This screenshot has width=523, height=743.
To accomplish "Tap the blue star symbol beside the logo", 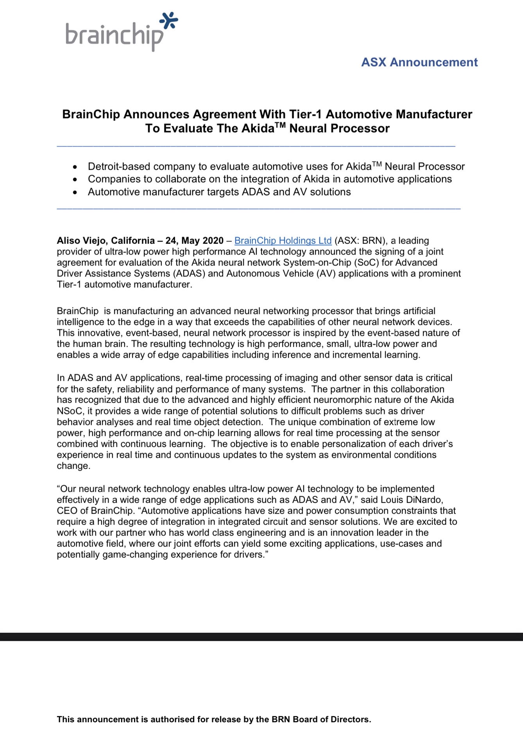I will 169,21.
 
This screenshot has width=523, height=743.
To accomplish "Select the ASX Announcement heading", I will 419,62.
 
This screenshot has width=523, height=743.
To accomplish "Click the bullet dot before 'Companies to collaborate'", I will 75,179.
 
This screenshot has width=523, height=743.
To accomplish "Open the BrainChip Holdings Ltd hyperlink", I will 283,241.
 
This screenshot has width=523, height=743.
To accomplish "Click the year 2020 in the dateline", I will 213,241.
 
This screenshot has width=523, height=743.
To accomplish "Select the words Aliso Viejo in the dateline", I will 81,241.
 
